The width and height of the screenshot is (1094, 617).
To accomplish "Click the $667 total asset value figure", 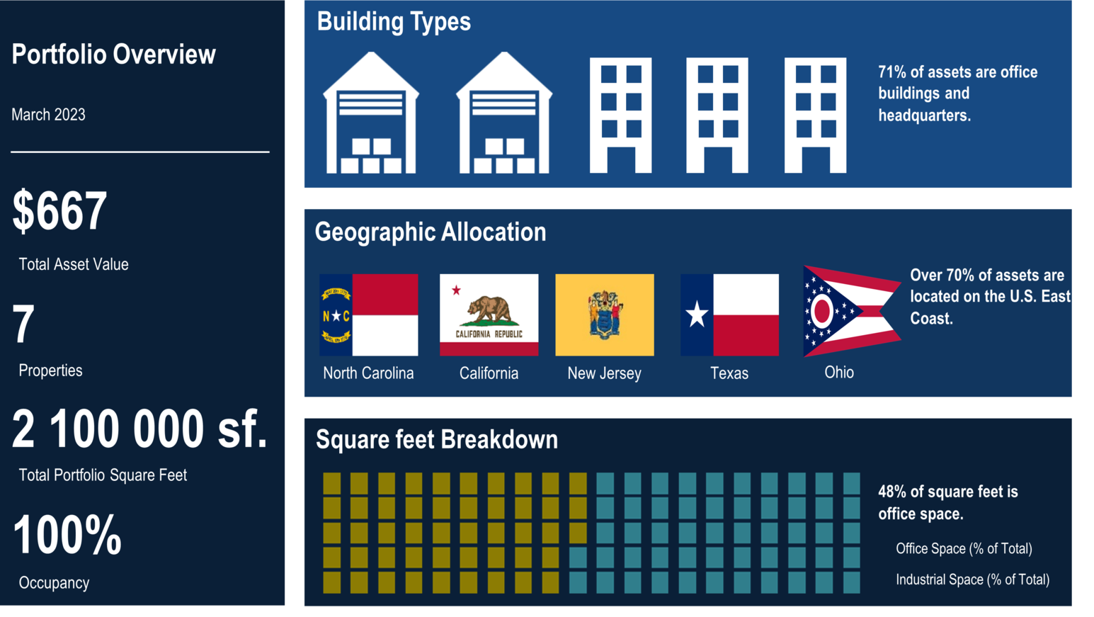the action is click(59, 210).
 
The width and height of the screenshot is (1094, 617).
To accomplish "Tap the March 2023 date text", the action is click(48, 115).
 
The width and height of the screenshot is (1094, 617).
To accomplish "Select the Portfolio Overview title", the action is click(113, 54).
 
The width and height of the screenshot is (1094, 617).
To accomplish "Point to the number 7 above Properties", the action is click(23, 323).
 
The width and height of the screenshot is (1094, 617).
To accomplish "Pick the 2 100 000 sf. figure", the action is click(139, 429).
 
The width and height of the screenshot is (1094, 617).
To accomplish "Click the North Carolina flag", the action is click(369, 315).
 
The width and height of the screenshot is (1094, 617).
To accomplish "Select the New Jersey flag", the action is click(605, 315).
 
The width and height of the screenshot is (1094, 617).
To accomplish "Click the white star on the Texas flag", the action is click(697, 314).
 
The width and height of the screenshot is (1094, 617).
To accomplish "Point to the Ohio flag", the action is click(852, 311).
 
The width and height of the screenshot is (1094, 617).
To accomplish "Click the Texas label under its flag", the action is click(729, 373).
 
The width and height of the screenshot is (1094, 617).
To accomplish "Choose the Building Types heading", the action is click(394, 22).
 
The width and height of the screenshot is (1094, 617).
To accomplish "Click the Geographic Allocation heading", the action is click(431, 232).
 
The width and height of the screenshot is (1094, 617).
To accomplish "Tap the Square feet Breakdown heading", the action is click(437, 439).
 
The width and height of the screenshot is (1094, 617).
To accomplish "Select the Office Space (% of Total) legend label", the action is click(964, 548).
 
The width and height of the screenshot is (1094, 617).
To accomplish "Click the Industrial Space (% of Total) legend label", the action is click(972, 580).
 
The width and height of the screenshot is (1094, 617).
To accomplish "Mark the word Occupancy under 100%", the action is click(54, 583).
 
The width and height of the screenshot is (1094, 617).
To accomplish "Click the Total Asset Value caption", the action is click(73, 264).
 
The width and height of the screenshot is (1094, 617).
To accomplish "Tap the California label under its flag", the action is click(489, 373).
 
